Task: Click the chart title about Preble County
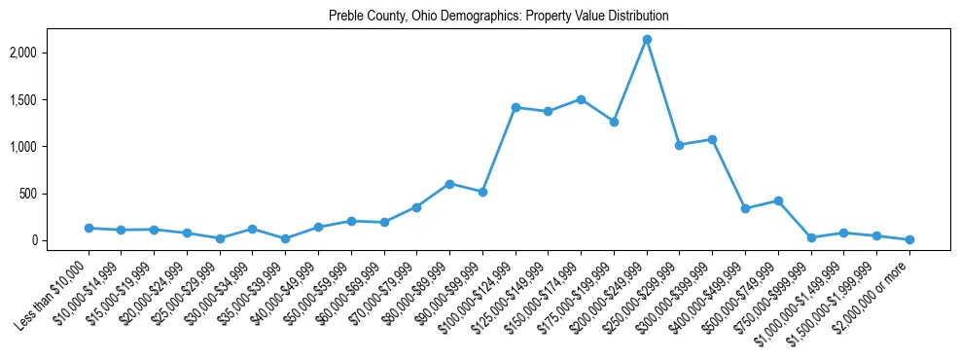pyautogui.click(x=498, y=17)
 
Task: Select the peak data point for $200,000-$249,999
pyautogui.click(x=647, y=40)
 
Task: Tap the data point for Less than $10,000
pyautogui.click(x=89, y=228)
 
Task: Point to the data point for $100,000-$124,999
pyautogui.click(x=516, y=107)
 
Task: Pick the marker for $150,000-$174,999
pyautogui.click(x=581, y=99)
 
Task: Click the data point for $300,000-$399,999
pyautogui.click(x=712, y=139)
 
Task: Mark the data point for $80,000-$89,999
pyautogui.click(x=449, y=184)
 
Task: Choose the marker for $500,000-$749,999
pyautogui.click(x=778, y=200)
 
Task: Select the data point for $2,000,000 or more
pyautogui.click(x=909, y=239)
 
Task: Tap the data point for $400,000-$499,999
pyautogui.click(x=745, y=208)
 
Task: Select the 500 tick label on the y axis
pyautogui.click(x=55, y=194)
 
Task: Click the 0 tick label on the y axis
pyautogui.click(x=60, y=240)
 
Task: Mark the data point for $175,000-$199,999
pyautogui.click(x=614, y=122)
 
